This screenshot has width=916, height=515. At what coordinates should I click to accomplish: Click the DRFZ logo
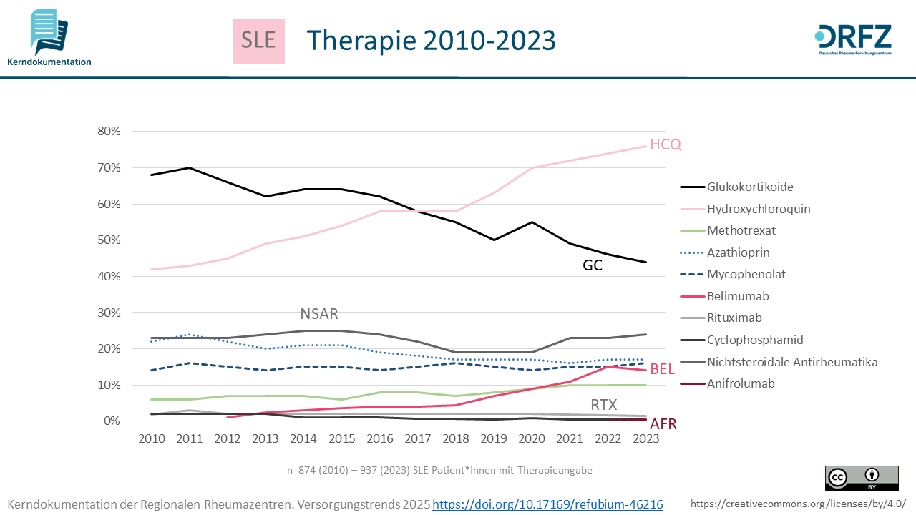853,41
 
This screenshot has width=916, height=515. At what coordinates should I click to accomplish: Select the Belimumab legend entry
737,296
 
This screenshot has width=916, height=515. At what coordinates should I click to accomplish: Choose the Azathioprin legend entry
739,252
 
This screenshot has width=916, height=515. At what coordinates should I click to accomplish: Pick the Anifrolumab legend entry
741,383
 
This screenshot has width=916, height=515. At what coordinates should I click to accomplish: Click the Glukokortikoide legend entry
750,187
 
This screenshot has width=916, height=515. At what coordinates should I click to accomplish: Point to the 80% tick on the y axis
109,132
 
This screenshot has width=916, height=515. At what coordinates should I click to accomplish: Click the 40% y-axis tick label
109,277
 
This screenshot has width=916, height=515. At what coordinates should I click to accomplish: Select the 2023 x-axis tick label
645,438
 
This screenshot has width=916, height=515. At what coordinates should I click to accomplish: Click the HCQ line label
666,144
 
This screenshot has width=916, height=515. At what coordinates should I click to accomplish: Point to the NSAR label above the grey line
319,314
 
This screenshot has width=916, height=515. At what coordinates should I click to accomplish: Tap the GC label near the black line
593,265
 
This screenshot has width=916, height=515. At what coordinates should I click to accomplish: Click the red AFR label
663,424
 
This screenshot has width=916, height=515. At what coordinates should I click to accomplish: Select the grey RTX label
604,405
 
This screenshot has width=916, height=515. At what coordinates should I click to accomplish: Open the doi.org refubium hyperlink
548,504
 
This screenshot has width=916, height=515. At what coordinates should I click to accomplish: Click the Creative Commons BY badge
862,478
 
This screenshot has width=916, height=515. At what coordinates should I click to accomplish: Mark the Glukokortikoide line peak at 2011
189,167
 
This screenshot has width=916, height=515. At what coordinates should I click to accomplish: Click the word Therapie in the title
359,41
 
